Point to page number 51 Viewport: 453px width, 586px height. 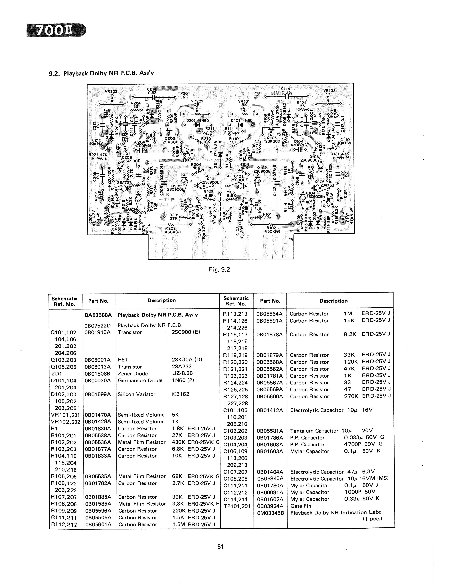click(x=220, y=547)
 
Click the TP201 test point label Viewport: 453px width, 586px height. click(x=184, y=94)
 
